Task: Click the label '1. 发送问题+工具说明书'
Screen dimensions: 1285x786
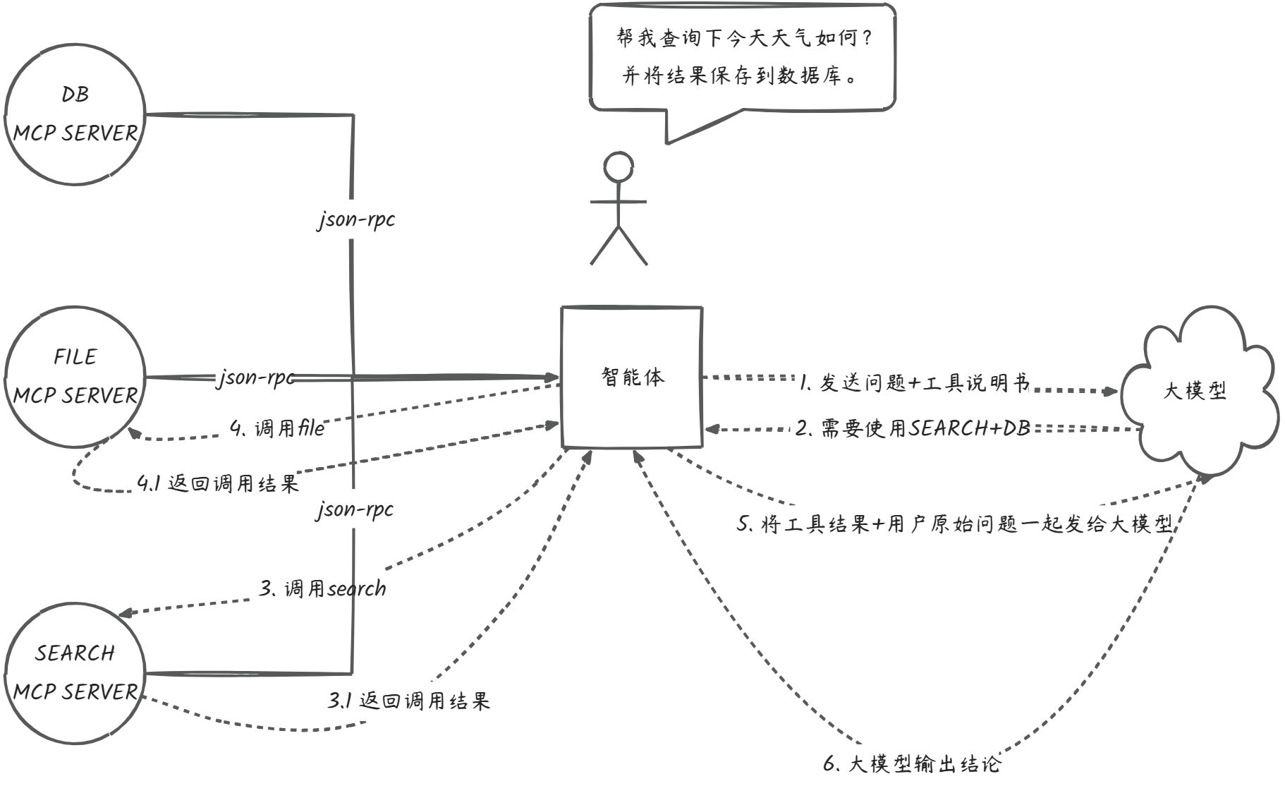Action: pyautogui.click(x=915, y=383)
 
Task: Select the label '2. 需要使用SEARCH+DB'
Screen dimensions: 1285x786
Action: pyautogui.click(x=913, y=428)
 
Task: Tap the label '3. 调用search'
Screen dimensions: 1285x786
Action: pyautogui.click(x=322, y=588)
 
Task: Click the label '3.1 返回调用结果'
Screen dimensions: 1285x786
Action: pyautogui.click(x=408, y=701)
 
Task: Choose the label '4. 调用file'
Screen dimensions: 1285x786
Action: pyautogui.click(x=277, y=428)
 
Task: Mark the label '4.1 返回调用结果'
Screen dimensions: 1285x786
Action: pyautogui.click(x=218, y=483)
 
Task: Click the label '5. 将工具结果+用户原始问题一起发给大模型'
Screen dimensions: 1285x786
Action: pyautogui.click(x=954, y=524)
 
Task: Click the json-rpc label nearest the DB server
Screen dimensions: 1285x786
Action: pyautogui.click(x=355, y=220)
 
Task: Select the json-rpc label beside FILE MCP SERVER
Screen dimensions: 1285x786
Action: pyautogui.click(x=255, y=377)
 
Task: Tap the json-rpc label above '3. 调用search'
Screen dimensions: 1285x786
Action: pyautogui.click(x=355, y=509)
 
